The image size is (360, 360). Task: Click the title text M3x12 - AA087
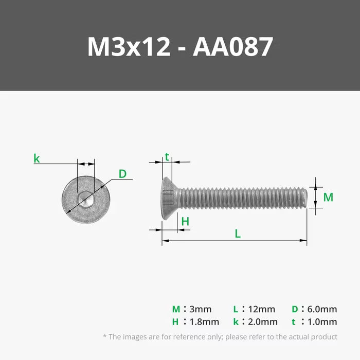click(x=179, y=47)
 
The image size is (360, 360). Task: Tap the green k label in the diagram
click(x=37, y=158)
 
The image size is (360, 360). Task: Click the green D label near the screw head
click(x=122, y=174)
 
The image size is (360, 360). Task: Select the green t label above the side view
click(x=167, y=157)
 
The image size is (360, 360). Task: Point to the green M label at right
click(x=328, y=197)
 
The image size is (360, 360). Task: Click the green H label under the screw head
click(x=185, y=222)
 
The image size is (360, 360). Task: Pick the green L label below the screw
click(x=238, y=233)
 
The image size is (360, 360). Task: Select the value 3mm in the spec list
click(x=201, y=309)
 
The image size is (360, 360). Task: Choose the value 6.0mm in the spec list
click(x=322, y=309)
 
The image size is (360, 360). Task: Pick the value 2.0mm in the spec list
click(x=263, y=322)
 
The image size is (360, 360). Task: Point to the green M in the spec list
click(x=176, y=309)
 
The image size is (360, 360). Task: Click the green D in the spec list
click(x=294, y=309)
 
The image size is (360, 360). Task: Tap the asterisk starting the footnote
click(x=104, y=337)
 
